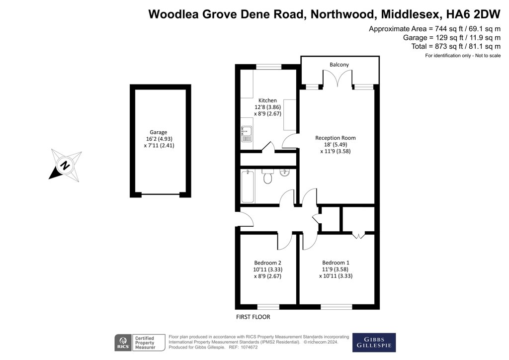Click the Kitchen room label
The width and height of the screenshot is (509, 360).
(x=267, y=100)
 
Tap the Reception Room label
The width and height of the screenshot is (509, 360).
(x=336, y=138)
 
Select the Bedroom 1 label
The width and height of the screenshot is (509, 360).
(x=336, y=263)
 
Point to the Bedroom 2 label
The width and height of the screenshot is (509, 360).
(x=268, y=263)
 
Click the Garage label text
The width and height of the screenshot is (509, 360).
(x=159, y=132)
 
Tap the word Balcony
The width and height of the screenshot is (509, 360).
(x=339, y=65)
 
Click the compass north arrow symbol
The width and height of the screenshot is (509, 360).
(x=65, y=165)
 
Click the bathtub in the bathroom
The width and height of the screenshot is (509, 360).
(x=247, y=186)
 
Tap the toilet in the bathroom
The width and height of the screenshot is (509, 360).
(x=268, y=176)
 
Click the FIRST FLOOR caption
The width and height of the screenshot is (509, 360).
(x=254, y=317)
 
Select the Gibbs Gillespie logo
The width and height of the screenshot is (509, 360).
(x=374, y=342)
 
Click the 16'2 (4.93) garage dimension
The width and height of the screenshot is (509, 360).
(x=159, y=139)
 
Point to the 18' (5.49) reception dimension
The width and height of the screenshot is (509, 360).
(x=336, y=145)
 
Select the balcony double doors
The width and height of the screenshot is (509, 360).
(x=338, y=80)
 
